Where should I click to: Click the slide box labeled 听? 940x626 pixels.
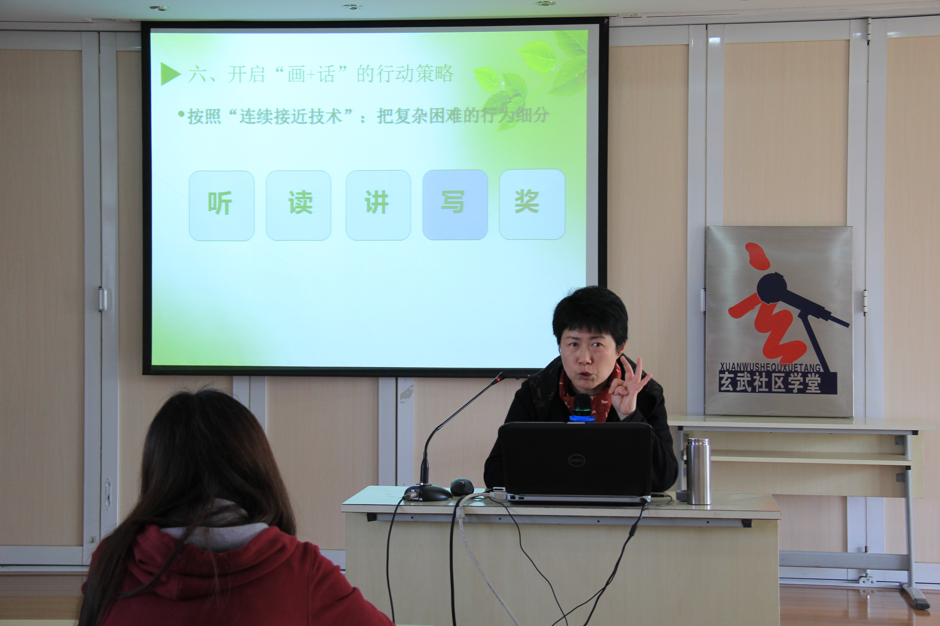pos(221,206)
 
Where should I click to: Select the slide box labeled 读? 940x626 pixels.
pos(298,205)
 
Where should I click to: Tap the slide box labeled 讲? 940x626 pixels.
pos(378,205)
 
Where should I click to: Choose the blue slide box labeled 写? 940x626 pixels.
pos(455,204)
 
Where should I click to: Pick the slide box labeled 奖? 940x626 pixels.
pos(532,204)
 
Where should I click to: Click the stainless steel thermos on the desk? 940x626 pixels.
pos(698,471)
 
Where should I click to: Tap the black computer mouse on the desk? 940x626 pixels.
pos(462,487)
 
